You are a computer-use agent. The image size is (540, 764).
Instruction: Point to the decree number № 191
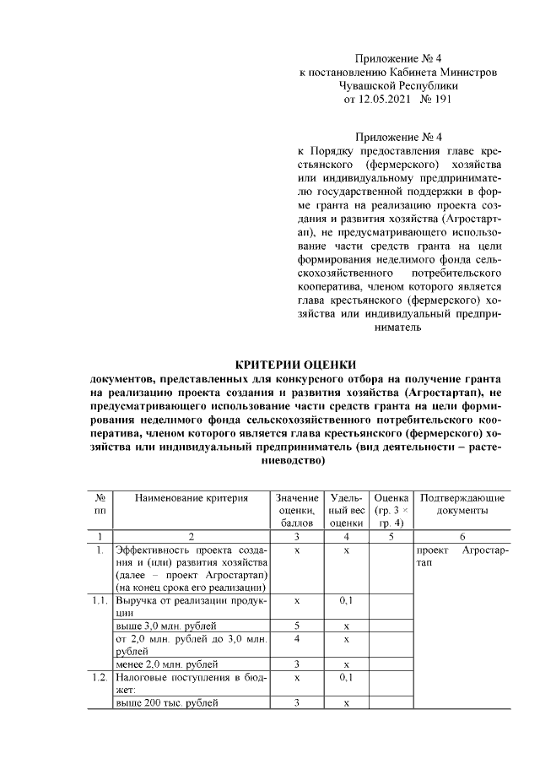pyautogui.click(x=437, y=100)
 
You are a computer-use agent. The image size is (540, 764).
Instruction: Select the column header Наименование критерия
pyautogui.click(x=192, y=498)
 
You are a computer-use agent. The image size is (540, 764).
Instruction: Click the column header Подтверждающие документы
pyautogui.click(x=462, y=505)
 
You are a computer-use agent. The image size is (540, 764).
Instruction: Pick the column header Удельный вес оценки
pyautogui.click(x=346, y=511)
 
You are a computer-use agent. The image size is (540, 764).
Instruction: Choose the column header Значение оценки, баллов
pyautogui.click(x=297, y=511)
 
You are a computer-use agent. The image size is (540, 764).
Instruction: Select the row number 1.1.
pyautogui.click(x=100, y=600)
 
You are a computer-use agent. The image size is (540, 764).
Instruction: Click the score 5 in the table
pyautogui.click(x=297, y=626)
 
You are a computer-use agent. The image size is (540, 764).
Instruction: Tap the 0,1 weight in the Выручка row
pyautogui.click(x=346, y=600)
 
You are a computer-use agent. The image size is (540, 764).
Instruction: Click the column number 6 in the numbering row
pyautogui.click(x=462, y=536)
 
